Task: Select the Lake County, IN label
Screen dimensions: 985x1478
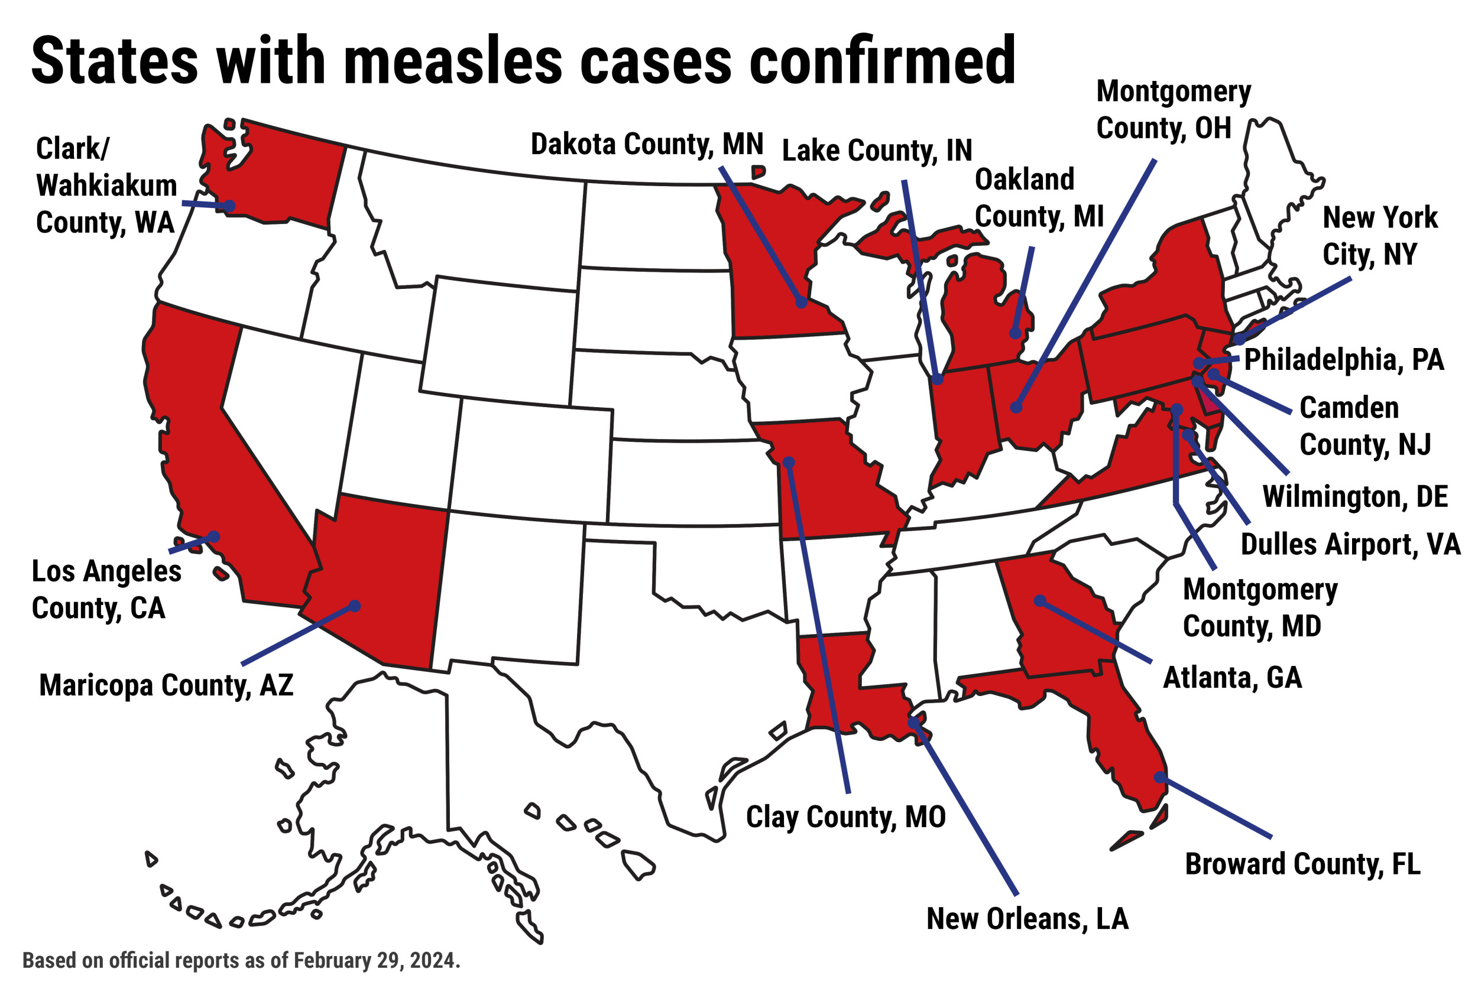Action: tap(877, 151)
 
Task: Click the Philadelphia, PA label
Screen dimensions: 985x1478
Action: tap(1344, 360)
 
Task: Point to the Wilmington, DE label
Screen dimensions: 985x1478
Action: tap(1355, 496)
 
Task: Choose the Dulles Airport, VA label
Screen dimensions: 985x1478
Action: tap(1350, 544)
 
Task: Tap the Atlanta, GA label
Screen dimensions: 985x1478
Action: tap(1231, 678)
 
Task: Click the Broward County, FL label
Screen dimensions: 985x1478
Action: tap(1302, 864)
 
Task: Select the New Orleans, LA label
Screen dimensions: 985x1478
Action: tap(1028, 919)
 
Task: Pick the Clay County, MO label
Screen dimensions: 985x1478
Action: tap(845, 817)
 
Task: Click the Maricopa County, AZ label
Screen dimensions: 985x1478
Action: tap(167, 685)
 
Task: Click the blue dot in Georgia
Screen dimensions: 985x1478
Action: tap(1040, 601)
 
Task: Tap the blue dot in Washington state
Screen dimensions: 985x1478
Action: tap(229, 206)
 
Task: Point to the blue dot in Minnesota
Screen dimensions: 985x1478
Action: tap(801, 302)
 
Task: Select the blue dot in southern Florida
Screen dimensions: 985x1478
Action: tap(1159, 778)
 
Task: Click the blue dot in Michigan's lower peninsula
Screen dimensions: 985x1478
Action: tap(1016, 333)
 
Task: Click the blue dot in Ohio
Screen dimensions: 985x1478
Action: tap(1016, 407)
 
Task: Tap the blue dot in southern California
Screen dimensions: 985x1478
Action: tap(213, 537)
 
